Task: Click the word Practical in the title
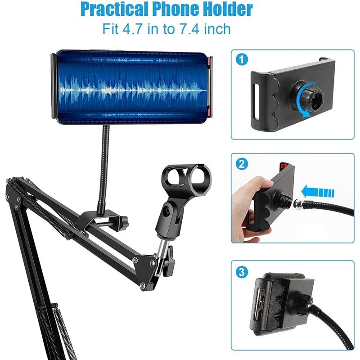(115, 9)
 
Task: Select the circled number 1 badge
(242, 59)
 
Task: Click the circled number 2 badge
(242, 164)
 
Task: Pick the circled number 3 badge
(242, 272)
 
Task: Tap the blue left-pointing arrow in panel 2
(318, 192)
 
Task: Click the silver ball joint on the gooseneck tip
(298, 203)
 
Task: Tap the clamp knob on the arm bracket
(124, 222)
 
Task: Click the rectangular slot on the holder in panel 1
(256, 101)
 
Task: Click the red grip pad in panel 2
(285, 165)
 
